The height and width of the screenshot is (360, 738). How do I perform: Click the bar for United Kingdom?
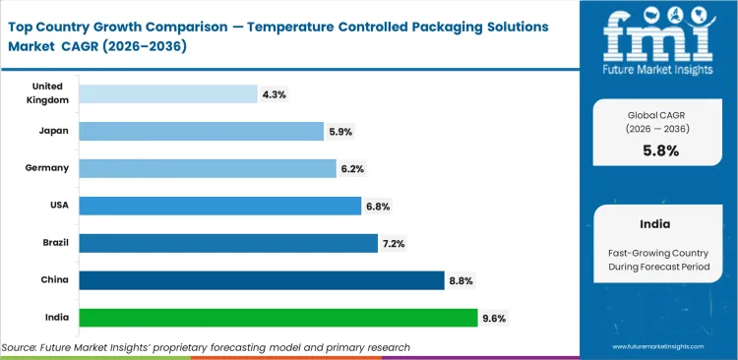pyautogui.click(x=167, y=93)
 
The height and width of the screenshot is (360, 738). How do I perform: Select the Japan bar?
pyautogui.click(x=201, y=131)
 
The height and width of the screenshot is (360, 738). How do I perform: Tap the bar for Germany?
pyautogui.click(x=207, y=168)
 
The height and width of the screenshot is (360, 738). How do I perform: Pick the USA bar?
pyautogui.click(x=219, y=206)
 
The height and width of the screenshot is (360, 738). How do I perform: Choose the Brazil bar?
pyautogui.click(x=227, y=243)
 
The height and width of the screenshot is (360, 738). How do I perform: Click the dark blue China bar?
pyautogui.click(x=261, y=280)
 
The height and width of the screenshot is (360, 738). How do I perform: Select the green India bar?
pyautogui.click(x=278, y=318)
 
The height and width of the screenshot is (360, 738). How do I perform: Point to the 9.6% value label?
pyautogui.click(x=494, y=318)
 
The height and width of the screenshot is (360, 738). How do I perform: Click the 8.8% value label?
pyautogui.click(x=461, y=280)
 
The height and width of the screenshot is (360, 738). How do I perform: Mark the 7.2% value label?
pyautogui.click(x=395, y=243)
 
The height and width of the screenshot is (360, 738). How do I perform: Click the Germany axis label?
pyautogui.click(x=47, y=168)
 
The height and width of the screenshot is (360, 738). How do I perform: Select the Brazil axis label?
pyautogui.click(x=53, y=243)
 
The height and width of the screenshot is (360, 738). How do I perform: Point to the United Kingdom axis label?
pyautogui.click(x=47, y=93)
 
